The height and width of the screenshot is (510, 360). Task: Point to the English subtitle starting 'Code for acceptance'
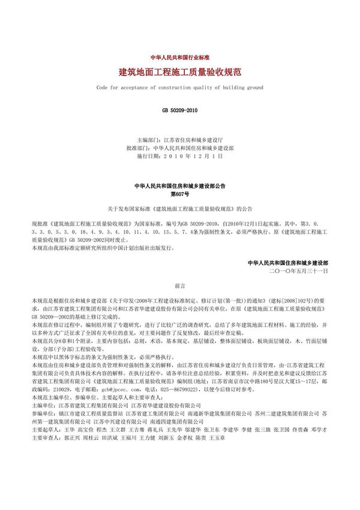(179, 88)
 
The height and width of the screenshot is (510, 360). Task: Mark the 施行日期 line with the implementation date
(179, 156)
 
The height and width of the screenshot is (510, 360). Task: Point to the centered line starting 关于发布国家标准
(179, 209)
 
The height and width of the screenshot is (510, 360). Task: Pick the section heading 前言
(179, 287)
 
